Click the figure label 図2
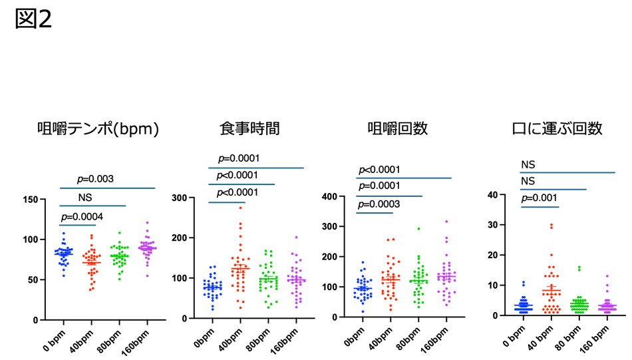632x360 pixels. [x=33, y=19]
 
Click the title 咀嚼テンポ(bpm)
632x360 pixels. [x=98, y=128]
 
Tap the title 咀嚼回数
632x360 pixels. [x=396, y=128]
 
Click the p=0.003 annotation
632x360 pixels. [x=96, y=179]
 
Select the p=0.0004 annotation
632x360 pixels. [x=83, y=216]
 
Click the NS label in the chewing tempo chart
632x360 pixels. [x=84, y=198]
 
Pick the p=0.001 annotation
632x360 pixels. [x=541, y=198]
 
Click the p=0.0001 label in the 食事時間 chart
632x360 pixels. [x=239, y=158]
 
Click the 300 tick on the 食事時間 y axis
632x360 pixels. [x=179, y=198]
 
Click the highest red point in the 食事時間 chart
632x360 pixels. [x=240, y=208]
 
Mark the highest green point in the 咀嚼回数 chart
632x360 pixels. [x=418, y=229]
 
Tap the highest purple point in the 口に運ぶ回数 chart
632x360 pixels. [x=606, y=275]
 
